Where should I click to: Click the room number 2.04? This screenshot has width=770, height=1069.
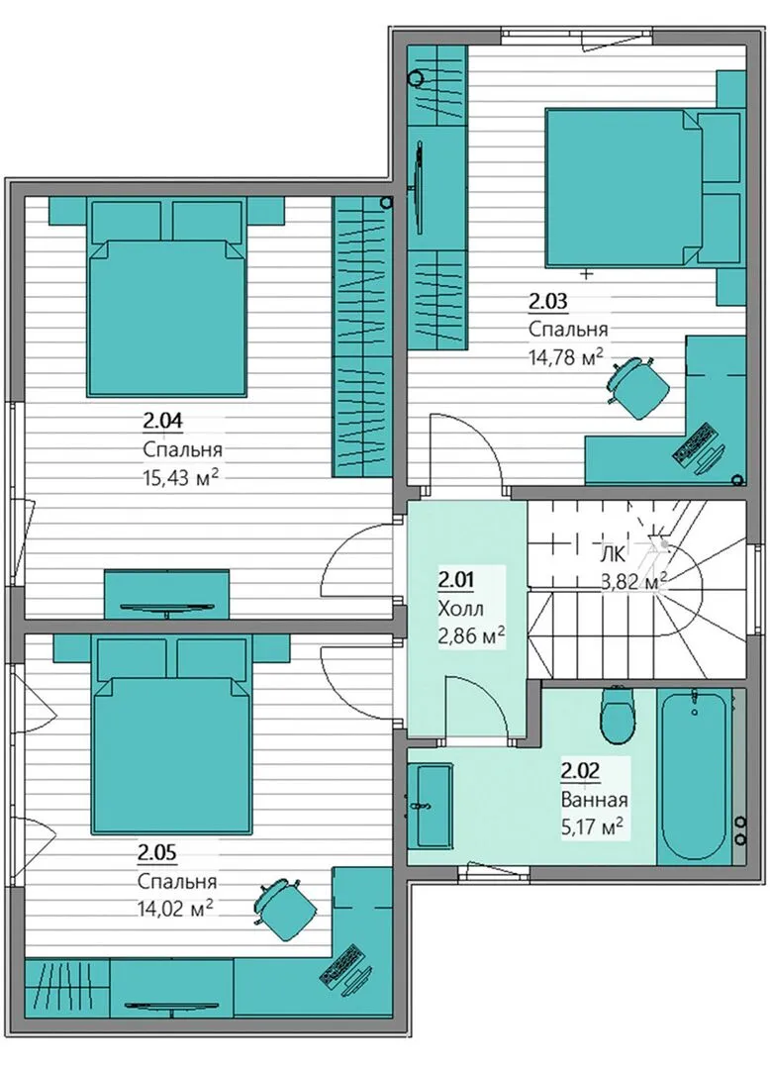click(x=163, y=422)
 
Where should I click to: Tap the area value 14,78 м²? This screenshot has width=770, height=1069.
click(x=567, y=356)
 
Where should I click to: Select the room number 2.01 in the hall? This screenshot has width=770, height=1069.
click(x=456, y=580)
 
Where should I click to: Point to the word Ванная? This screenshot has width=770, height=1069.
click(x=594, y=799)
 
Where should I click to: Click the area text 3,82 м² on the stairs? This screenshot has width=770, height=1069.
click(x=633, y=582)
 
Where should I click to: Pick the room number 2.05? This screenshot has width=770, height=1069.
click(x=157, y=852)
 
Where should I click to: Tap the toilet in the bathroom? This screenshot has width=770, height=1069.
click(x=618, y=717)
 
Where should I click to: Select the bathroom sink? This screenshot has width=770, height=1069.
click(x=430, y=806)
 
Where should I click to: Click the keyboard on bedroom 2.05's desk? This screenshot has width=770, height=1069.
click(x=340, y=964)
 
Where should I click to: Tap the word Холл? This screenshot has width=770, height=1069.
click(x=460, y=608)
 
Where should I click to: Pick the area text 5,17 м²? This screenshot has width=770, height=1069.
click(x=592, y=826)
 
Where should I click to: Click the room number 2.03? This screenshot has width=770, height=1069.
click(x=548, y=301)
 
